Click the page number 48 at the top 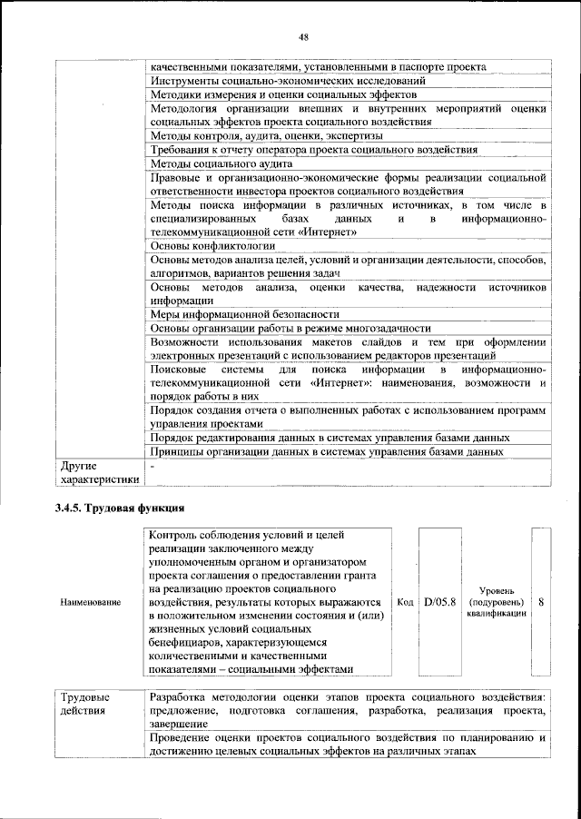[x=303, y=36]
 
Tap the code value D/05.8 [x=440, y=602]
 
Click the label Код [x=406, y=602]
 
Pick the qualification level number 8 [x=541, y=602]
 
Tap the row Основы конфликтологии [x=213, y=245]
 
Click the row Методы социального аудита [x=221, y=163]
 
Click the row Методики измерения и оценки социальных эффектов [x=283, y=94]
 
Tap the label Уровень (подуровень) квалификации [x=496, y=602]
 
